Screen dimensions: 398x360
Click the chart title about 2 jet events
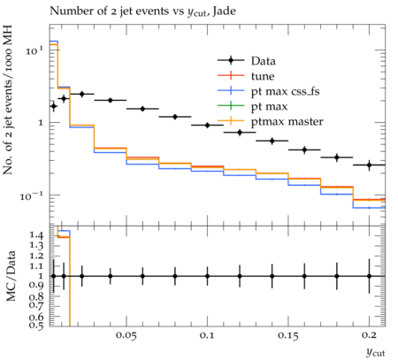pyautogui.click(x=142, y=11)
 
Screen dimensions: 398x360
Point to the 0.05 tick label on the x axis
pyautogui.click(x=126, y=335)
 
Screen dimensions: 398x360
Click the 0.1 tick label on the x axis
pyautogui.click(x=207, y=335)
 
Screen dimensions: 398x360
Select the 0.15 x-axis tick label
pyautogui.click(x=288, y=335)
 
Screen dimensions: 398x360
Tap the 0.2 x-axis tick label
pyautogui.click(x=369, y=335)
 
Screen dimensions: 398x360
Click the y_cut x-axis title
pyautogui.click(x=376, y=352)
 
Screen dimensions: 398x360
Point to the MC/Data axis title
pyautogui.click(x=11, y=276)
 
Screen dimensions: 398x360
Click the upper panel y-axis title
pyautogui.click(x=8, y=100)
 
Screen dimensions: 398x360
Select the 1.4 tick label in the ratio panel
pyautogui.click(x=36, y=235)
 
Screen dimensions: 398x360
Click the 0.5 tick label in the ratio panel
pyautogui.click(x=36, y=325)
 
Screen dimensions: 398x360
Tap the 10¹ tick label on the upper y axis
pyautogui.click(x=34, y=50)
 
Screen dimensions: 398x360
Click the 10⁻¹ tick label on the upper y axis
pyautogui.click(x=32, y=195)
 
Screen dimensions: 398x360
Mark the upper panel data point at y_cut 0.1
pyautogui.click(x=207, y=126)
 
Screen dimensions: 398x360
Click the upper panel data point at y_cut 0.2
pyautogui.click(x=369, y=165)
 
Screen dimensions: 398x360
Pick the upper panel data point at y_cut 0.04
pyautogui.click(x=111, y=100)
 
